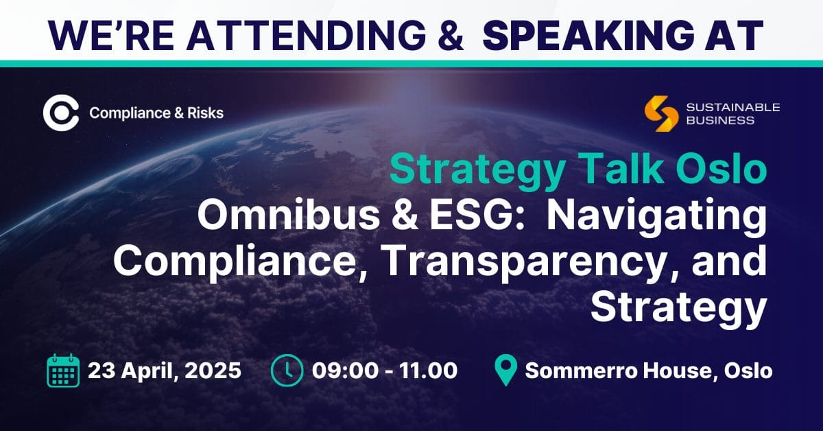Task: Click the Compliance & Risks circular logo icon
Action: pos(61,113)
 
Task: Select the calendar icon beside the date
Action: pos(62,371)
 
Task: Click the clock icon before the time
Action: pos(287,371)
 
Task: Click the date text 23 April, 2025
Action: pos(165,371)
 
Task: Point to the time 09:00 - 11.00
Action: pos(385,371)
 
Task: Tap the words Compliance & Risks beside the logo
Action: pos(156,113)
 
